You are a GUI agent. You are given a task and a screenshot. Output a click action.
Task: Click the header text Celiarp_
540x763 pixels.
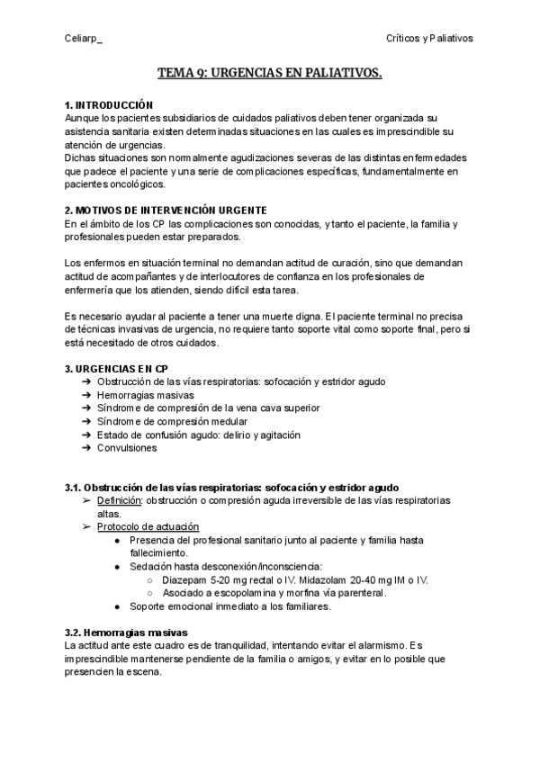[x=84, y=39]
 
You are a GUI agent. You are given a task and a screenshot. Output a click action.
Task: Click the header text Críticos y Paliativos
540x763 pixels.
[x=429, y=39]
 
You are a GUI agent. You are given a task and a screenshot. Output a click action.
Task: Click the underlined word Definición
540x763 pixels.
[x=120, y=500]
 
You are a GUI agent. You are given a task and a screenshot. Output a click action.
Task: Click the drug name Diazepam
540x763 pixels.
[x=185, y=580]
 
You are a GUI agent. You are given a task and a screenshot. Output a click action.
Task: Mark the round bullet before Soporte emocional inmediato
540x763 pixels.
[x=118, y=606]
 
